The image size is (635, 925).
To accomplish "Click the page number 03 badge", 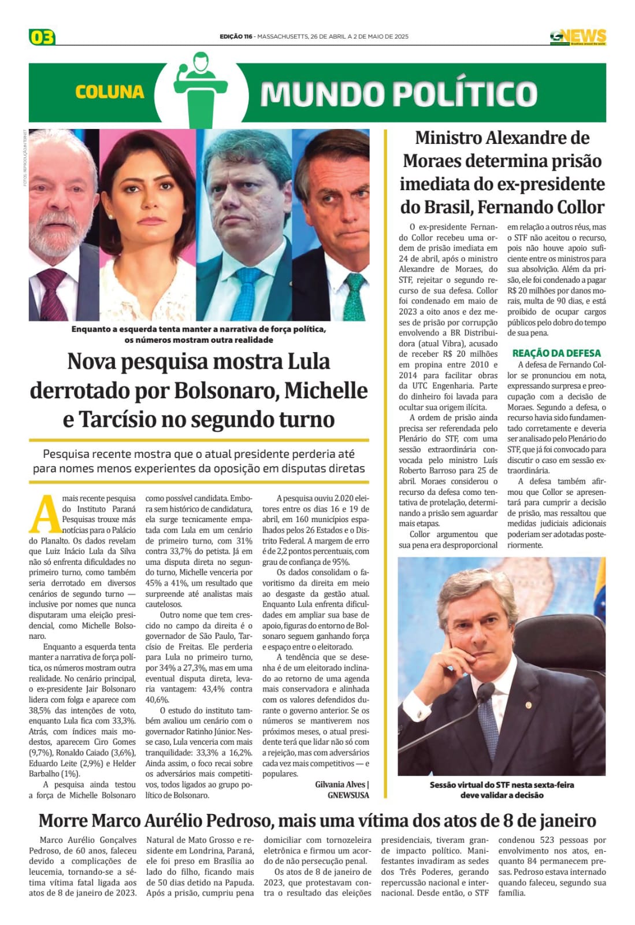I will (42, 37).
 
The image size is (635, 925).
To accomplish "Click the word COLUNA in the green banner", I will (109, 92).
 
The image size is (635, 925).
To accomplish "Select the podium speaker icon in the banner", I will (200, 90).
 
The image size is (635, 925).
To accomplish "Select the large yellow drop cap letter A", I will (44, 514).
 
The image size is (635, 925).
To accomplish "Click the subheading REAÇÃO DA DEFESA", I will (556, 353).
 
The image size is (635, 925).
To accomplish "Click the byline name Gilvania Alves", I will (340, 785).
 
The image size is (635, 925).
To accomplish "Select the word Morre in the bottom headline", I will (64, 821).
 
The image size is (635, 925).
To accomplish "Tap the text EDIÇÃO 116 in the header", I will (236, 36).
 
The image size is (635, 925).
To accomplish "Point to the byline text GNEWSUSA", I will (348, 795).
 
